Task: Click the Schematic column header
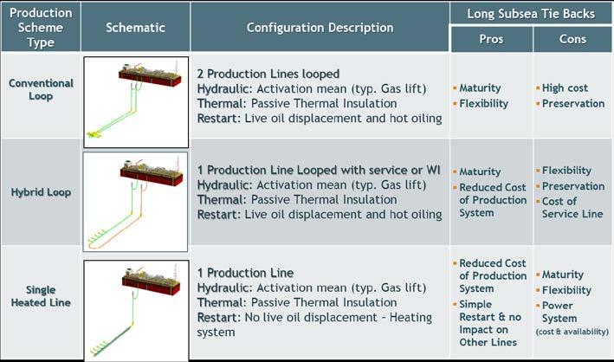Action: click(135, 28)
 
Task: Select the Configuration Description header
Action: click(320, 28)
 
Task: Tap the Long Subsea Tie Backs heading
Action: click(531, 14)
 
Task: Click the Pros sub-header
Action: click(491, 39)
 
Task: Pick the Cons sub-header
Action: click(573, 39)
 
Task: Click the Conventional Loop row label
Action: click(41, 89)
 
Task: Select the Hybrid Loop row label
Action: click(41, 192)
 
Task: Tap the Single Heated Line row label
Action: click(41, 296)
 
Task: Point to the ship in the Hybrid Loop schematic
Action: click(152, 171)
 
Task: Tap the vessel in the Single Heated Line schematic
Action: click(151, 280)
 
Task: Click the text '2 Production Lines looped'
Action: click(268, 74)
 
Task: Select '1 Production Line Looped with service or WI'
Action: click(319, 170)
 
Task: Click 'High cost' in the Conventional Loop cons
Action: click(565, 88)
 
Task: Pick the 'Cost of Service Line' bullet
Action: click(572, 207)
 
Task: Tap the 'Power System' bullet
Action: click(559, 312)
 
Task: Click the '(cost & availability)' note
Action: click(572, 332)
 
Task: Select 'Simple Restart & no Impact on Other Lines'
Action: click(490, 323)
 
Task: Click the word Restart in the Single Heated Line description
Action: click(218, 317)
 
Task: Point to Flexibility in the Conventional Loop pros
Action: click(483, 104)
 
